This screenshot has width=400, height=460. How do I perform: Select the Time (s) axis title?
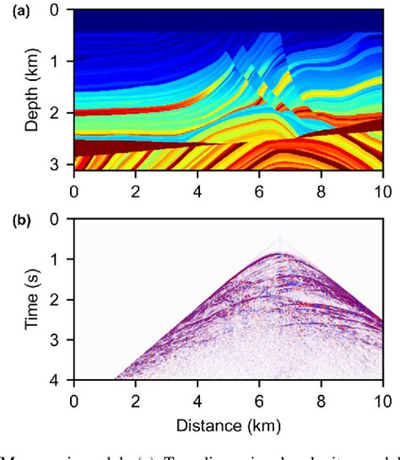pos(31,299)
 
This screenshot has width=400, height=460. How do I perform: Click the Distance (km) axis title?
pos(229,421)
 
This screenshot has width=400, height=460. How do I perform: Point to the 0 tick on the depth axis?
pos(56,11)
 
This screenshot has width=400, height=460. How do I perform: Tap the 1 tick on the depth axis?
pos(56,62)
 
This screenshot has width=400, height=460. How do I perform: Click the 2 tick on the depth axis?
pos(56,112)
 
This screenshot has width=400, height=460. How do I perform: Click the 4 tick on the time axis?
pos(56,380)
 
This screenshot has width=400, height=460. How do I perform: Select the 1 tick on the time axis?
pos(56,259)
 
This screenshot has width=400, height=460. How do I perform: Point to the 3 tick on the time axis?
pos(56,340)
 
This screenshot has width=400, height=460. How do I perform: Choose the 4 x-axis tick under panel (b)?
pos(197,399)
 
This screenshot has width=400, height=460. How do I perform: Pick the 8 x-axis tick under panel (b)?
pos(321,399)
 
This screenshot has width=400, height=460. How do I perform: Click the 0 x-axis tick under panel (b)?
pos(74,399)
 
